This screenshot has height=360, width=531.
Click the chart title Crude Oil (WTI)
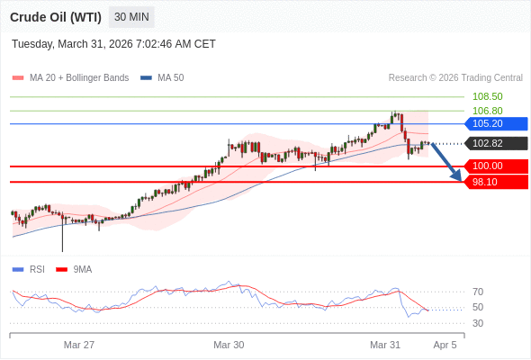57,17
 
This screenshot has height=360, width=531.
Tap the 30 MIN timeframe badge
132,17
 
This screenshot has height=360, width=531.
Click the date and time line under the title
113,44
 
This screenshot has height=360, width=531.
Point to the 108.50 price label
487,96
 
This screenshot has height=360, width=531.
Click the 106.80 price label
487,111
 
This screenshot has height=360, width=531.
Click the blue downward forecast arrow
448,161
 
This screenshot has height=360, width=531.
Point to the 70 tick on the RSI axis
477,292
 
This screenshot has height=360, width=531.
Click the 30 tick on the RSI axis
477,323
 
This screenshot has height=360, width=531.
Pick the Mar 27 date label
79,345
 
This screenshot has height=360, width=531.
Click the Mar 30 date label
229,345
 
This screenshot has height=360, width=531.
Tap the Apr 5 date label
445,345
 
